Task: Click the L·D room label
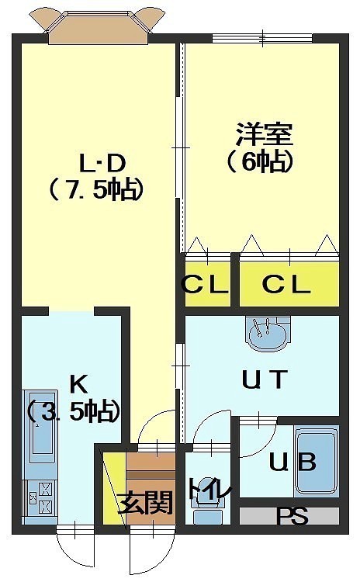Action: (103, 164)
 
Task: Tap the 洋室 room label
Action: (265, 134)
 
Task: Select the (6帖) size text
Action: (260, 162)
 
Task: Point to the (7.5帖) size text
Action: (96, 189)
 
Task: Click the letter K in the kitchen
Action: (79, 384)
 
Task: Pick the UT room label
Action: (265, 379)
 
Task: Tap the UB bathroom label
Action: (292, 462)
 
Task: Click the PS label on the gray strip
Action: (292, 516)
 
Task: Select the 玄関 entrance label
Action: (145, 502)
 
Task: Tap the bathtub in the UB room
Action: (317, 461)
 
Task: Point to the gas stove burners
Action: (40, 497)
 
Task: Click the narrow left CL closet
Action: (207, 284)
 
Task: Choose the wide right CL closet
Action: (289, 284)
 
